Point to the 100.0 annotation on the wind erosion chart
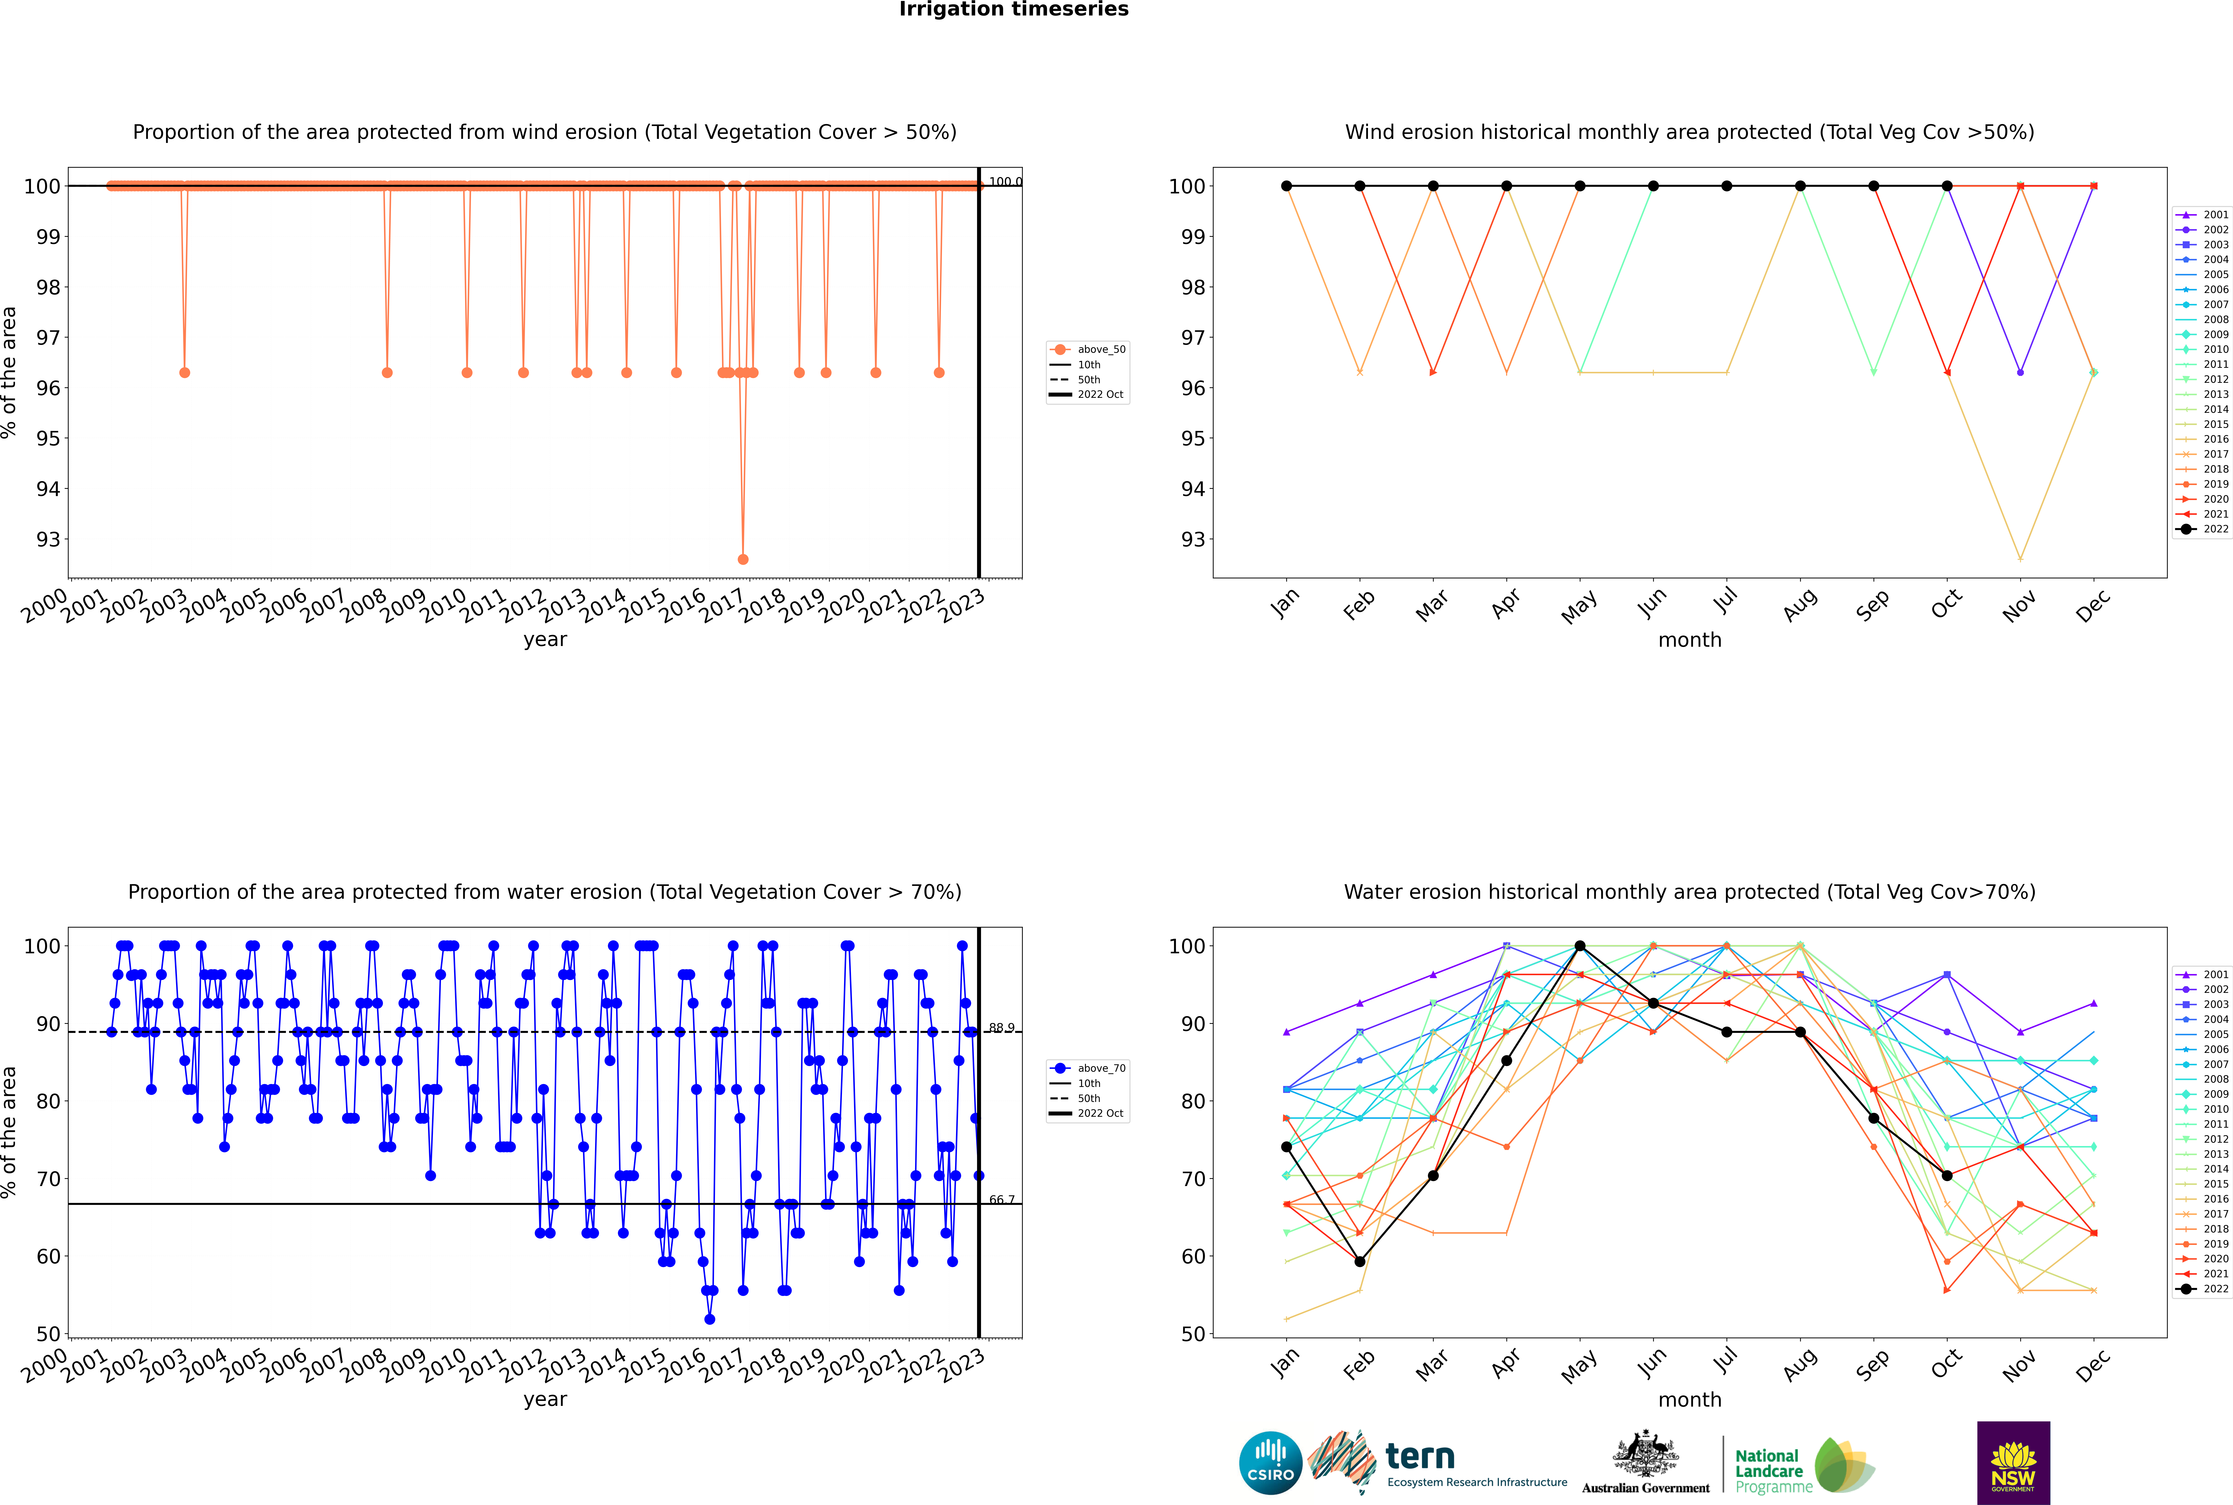click(x=1005, y=182)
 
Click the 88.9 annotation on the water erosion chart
click(x=1001, y=1028)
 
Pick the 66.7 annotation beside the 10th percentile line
click(x=1001, y=1200)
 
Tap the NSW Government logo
click(x=2013, y=1463)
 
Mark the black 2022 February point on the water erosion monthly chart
click(x=1359, y=1261)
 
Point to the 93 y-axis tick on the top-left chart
click(x=48, y=539)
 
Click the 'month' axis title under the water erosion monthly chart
click(x=1690, y=1399)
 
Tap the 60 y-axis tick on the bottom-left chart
click(x=48, y=1256)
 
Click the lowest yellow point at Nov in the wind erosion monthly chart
click(x=2020, y=559)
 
